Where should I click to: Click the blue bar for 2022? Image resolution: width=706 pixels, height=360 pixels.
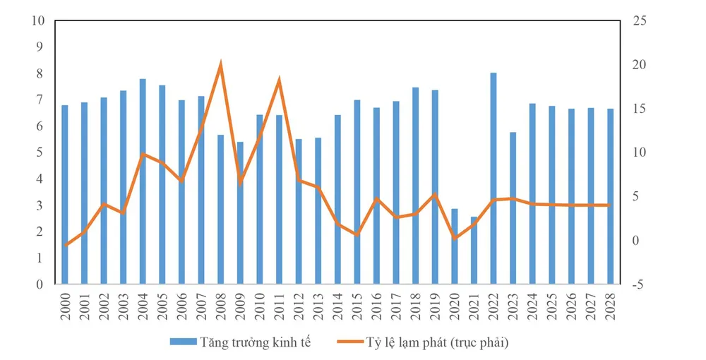[x=493, y=179]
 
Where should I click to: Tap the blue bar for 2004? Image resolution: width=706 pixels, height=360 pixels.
[x=143, y=181]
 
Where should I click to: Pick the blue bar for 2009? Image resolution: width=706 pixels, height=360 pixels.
[x=240, y=213]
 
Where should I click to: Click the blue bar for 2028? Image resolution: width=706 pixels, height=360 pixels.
[x=611, y=196]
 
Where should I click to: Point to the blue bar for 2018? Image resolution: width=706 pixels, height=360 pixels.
[x=416, y=186]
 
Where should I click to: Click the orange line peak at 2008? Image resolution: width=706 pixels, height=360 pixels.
[x=220, y=65]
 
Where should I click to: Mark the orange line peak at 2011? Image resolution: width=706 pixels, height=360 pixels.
[x=279, y=80]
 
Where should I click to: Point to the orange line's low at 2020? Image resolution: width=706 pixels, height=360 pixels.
[x=455, y=238]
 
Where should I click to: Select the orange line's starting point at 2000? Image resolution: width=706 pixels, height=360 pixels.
[x=66, y=245]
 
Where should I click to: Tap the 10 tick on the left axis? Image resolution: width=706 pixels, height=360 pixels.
[x=38, y=20]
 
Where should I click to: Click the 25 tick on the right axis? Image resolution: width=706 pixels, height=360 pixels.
[x=638, y=20]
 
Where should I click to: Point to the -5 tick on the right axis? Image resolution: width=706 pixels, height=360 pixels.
[x=638, y=284]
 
